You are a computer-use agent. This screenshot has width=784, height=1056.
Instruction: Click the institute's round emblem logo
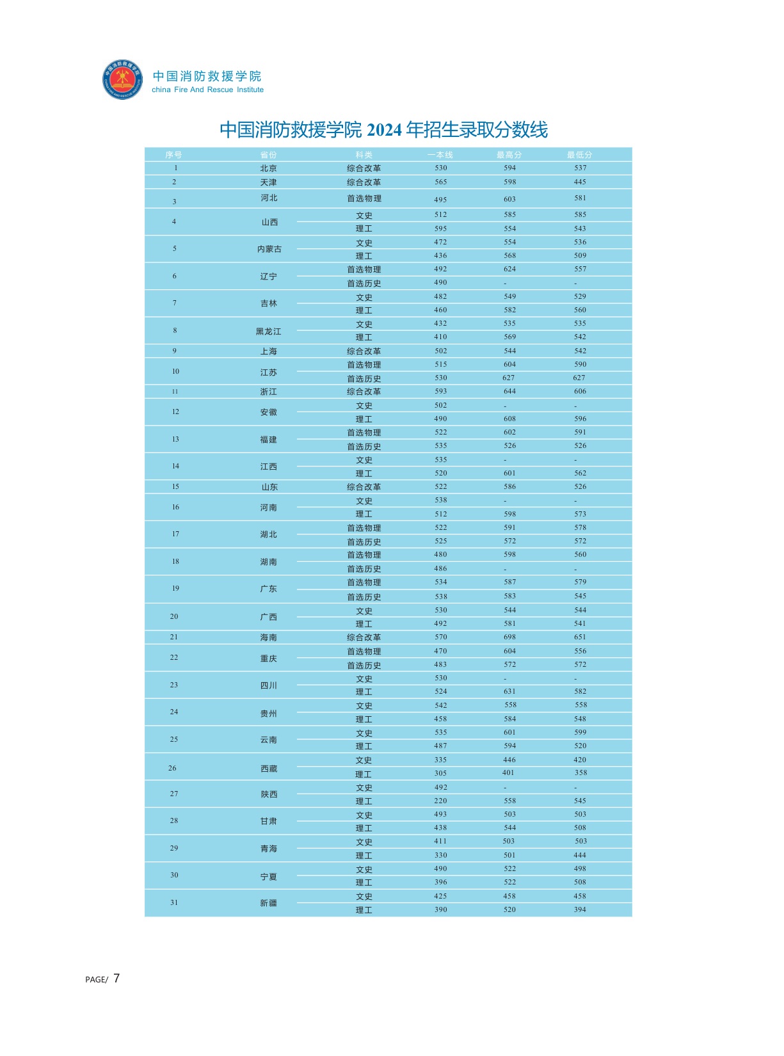(x=122, y=79)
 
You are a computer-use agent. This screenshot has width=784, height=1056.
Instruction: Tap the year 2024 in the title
(x=384, y=130)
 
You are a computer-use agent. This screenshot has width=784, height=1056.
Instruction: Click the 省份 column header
(x=269, y=155)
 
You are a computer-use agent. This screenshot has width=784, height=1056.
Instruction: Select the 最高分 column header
(x=509, y=155)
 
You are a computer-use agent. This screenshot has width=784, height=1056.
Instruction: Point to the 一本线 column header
(x=440, y=155)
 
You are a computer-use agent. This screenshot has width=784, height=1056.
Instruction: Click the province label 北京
(x=269, y=168)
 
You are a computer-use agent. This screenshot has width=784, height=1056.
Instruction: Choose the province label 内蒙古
(x=269, y=249)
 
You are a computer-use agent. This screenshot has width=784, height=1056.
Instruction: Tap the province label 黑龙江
(x=269, y=332)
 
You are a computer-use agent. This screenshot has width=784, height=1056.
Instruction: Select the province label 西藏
(x=269, y=769)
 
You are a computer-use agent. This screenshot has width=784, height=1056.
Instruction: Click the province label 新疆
(x=269, y=903)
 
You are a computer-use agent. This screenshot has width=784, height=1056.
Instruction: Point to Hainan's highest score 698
(x=509, y=637)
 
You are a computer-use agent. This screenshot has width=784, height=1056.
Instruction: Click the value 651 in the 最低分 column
(x=580, y=637)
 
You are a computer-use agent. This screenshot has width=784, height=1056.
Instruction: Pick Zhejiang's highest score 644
(x=509, y=391)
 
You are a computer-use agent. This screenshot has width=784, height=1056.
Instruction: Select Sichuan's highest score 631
(x=509, y=691)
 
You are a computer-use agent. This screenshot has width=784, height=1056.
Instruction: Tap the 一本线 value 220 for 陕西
(x=440, y=801)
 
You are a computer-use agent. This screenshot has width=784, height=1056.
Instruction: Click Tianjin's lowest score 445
(x=580, y=182)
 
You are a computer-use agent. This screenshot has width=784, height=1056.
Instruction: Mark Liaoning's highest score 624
(x=509, y=269)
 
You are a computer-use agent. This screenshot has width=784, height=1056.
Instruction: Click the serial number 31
(x=174, y=902)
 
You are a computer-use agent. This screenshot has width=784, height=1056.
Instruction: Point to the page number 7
(x=116, y=978)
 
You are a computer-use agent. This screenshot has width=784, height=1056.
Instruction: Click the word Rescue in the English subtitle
(x=220, y=90)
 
